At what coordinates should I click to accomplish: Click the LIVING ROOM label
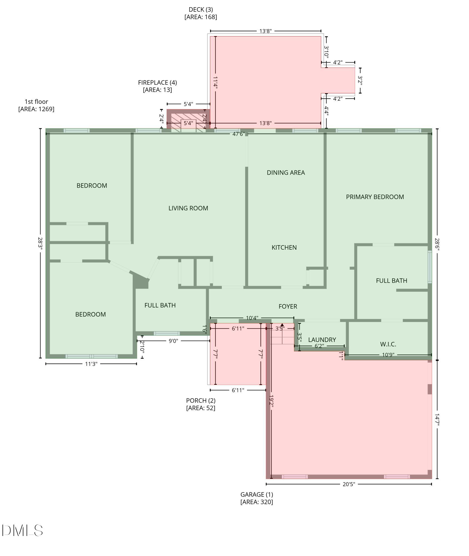188,208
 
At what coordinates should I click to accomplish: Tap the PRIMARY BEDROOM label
375,197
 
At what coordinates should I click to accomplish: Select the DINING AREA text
286,173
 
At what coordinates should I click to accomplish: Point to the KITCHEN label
284,247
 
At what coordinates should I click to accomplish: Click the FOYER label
288,306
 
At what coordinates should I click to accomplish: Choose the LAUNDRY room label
322,340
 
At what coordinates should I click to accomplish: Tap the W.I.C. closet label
388,344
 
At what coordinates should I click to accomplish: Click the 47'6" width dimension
239,134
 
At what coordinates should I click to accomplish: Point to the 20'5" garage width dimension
349,484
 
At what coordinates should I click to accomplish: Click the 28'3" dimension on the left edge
40,243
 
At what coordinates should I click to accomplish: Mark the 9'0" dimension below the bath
173,341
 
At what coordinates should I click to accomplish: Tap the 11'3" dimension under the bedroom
91,364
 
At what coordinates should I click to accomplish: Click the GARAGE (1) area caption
257,498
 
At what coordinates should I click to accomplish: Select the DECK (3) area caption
201,13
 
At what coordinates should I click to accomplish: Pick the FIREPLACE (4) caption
157,86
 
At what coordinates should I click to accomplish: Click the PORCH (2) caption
201,404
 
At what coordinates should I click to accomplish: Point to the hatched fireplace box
188,121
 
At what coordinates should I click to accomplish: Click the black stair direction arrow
282,325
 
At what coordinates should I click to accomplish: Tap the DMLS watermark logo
22,530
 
